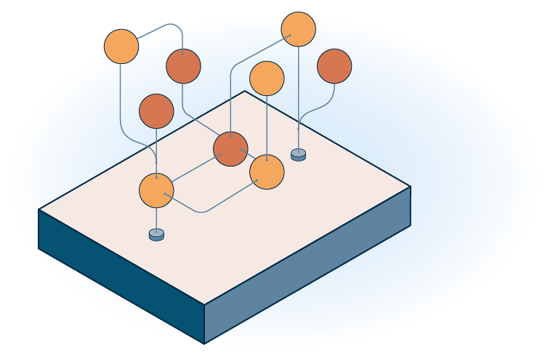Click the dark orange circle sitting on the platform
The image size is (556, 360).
[x=230, y=149]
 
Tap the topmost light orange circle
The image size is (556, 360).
[x=298, y=29]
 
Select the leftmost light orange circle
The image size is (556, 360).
[x=121, y=47]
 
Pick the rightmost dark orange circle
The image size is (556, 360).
[x=334, y=66]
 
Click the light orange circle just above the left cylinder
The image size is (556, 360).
[x=156, y=191]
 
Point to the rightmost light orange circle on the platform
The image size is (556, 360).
[x=267, y=172]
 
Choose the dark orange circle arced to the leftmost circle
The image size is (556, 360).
[x=183, y=66]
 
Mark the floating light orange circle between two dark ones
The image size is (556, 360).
[x=267, y=79]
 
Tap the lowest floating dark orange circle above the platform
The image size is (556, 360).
[x=156, y=111]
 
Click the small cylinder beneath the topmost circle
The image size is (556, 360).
[x=298, y=154]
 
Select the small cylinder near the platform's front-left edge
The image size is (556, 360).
[x=156, y=234]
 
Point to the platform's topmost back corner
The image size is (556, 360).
[x=245, y=91]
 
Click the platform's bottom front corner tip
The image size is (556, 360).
[x=204, y=343]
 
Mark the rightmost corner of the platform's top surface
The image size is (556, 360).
[x=410, y=187]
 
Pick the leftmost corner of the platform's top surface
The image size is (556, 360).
[x=39, y=209]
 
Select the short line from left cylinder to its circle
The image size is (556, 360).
[x=156, y=219]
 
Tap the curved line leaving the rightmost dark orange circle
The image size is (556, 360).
[x=320, y=108]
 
